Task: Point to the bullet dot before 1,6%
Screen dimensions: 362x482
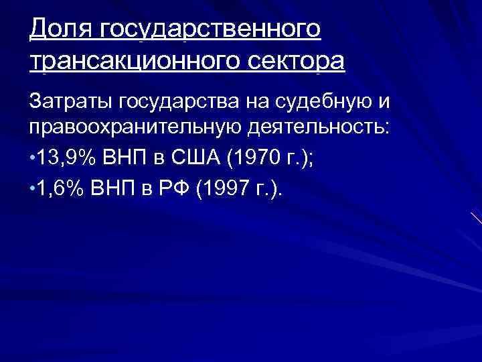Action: (33, 192)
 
